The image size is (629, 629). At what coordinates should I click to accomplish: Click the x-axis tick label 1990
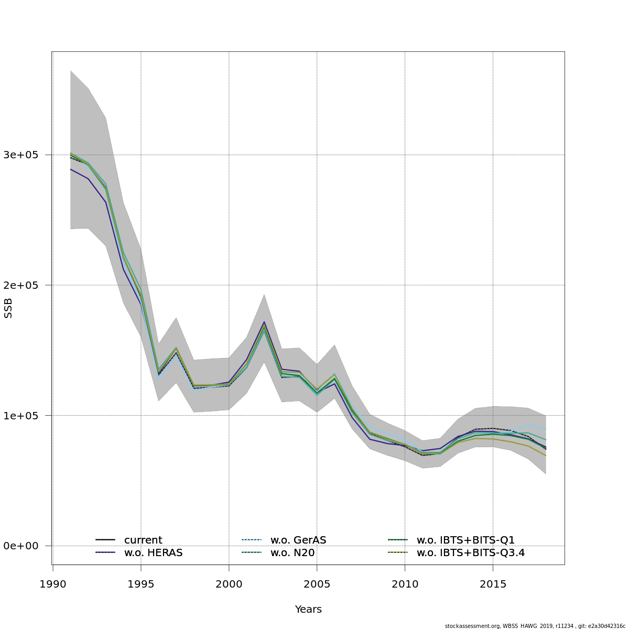53,584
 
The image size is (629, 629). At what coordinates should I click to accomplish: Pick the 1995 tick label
141,584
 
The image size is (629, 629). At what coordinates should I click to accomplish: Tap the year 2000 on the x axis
229,584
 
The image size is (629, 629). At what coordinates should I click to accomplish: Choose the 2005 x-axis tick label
317,584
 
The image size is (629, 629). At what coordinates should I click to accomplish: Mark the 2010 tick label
405,584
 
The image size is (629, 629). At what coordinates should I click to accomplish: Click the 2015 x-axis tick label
493,584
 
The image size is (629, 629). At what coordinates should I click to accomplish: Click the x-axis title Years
308,610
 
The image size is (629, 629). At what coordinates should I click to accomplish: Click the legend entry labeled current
143,540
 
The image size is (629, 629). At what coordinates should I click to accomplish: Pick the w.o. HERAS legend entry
153,552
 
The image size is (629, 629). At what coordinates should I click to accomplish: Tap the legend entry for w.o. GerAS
298,540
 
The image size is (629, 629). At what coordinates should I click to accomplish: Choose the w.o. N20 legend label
292,552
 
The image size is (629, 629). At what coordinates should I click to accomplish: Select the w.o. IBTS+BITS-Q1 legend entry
465,540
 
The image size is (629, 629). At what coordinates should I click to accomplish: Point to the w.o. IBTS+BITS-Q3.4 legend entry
471,552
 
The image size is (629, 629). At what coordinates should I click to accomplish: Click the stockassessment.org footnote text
535,626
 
